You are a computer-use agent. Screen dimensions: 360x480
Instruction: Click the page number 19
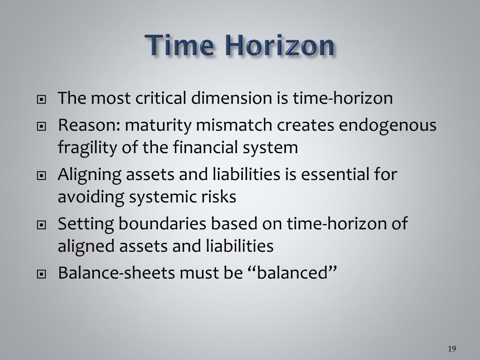click(452, 348)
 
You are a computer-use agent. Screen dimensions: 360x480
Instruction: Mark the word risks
click(221, 197)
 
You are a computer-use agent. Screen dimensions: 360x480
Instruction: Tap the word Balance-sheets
click(116, 272)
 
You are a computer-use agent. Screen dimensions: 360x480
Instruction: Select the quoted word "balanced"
click(292, 272)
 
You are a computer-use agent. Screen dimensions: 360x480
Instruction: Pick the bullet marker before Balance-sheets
click(42, 274)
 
